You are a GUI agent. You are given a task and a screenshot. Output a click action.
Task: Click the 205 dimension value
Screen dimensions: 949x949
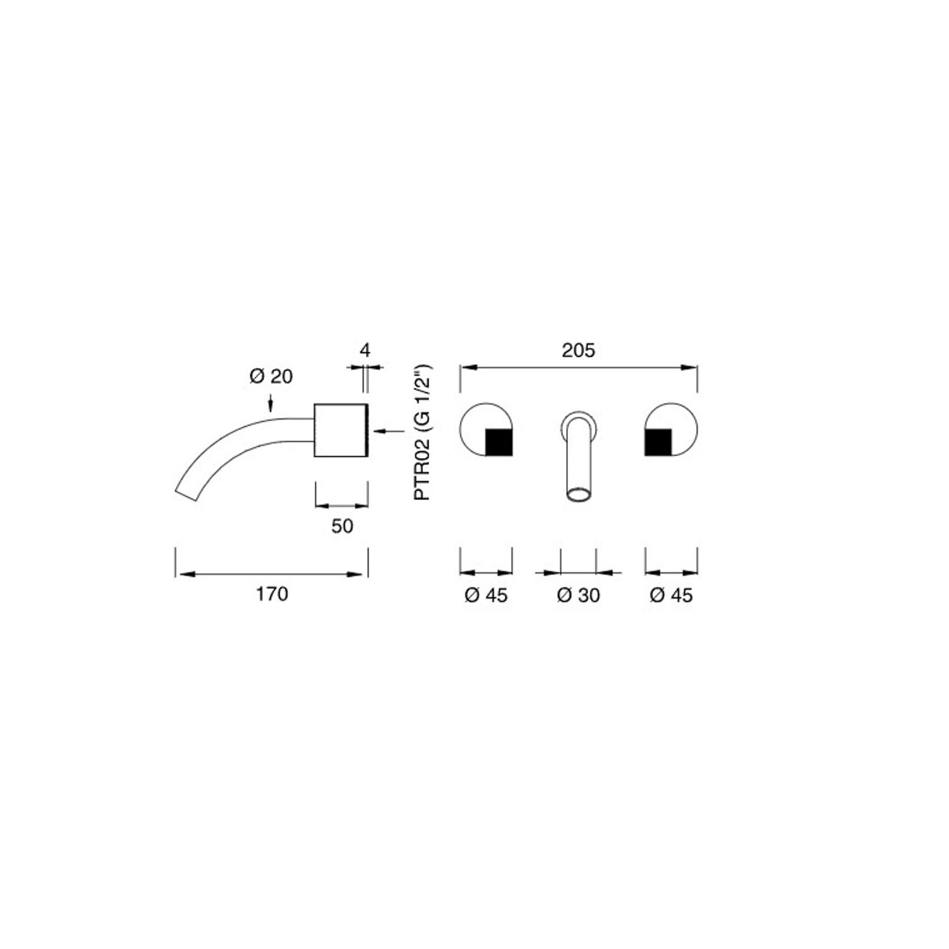click(x=578, y=350)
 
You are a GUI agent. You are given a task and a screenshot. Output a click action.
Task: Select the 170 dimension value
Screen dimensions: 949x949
click(x=272, y=594)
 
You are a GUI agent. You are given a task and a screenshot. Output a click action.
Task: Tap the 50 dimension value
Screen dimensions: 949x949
click(x=342, y=526)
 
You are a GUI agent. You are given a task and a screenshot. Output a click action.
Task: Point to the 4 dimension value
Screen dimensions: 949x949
click(x=365, y=350)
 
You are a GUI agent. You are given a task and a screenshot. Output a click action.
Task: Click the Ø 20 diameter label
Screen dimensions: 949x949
click(x=271, y=376)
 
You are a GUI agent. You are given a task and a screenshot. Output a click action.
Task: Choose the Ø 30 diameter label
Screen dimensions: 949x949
click(x=578, y=595)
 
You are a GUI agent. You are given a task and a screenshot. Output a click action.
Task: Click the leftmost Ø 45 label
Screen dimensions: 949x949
click(x=486, y=595)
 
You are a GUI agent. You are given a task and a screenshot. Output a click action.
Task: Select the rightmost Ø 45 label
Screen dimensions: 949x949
click(x=671, y=595)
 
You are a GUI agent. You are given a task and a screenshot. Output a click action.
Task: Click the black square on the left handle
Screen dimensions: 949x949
click(x=499, y=442)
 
